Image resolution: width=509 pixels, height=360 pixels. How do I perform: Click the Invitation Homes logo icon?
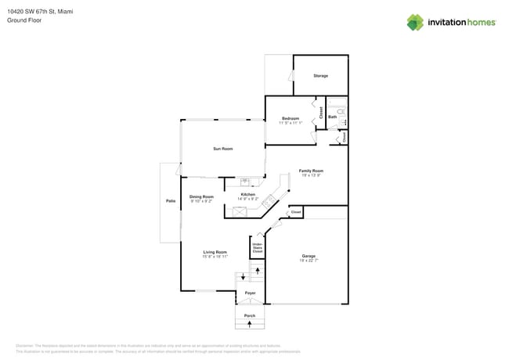415,23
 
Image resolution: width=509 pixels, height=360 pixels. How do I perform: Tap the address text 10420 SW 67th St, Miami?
40,11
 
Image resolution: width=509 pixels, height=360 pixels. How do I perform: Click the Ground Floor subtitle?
24,20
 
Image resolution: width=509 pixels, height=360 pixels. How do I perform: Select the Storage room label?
320,76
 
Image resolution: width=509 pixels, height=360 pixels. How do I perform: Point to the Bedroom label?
291,118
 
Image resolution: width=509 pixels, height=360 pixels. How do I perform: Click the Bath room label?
333,117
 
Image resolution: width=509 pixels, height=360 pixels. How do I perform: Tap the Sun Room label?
223,149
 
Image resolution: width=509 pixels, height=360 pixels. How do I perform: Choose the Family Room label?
311,171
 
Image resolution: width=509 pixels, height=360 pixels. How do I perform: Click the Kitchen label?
247,194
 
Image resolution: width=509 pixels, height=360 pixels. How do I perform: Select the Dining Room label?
201,196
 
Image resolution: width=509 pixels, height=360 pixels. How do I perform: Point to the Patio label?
171,201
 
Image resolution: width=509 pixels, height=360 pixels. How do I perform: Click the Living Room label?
215,252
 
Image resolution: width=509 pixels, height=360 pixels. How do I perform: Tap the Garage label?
309,256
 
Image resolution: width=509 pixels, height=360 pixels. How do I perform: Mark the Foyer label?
250,293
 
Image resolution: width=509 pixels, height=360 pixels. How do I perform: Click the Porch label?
250,315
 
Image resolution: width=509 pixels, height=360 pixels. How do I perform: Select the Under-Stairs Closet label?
257,248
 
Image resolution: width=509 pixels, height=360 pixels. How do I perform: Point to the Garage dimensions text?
309,261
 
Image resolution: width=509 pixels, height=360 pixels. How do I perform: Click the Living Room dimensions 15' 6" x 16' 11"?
215,257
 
